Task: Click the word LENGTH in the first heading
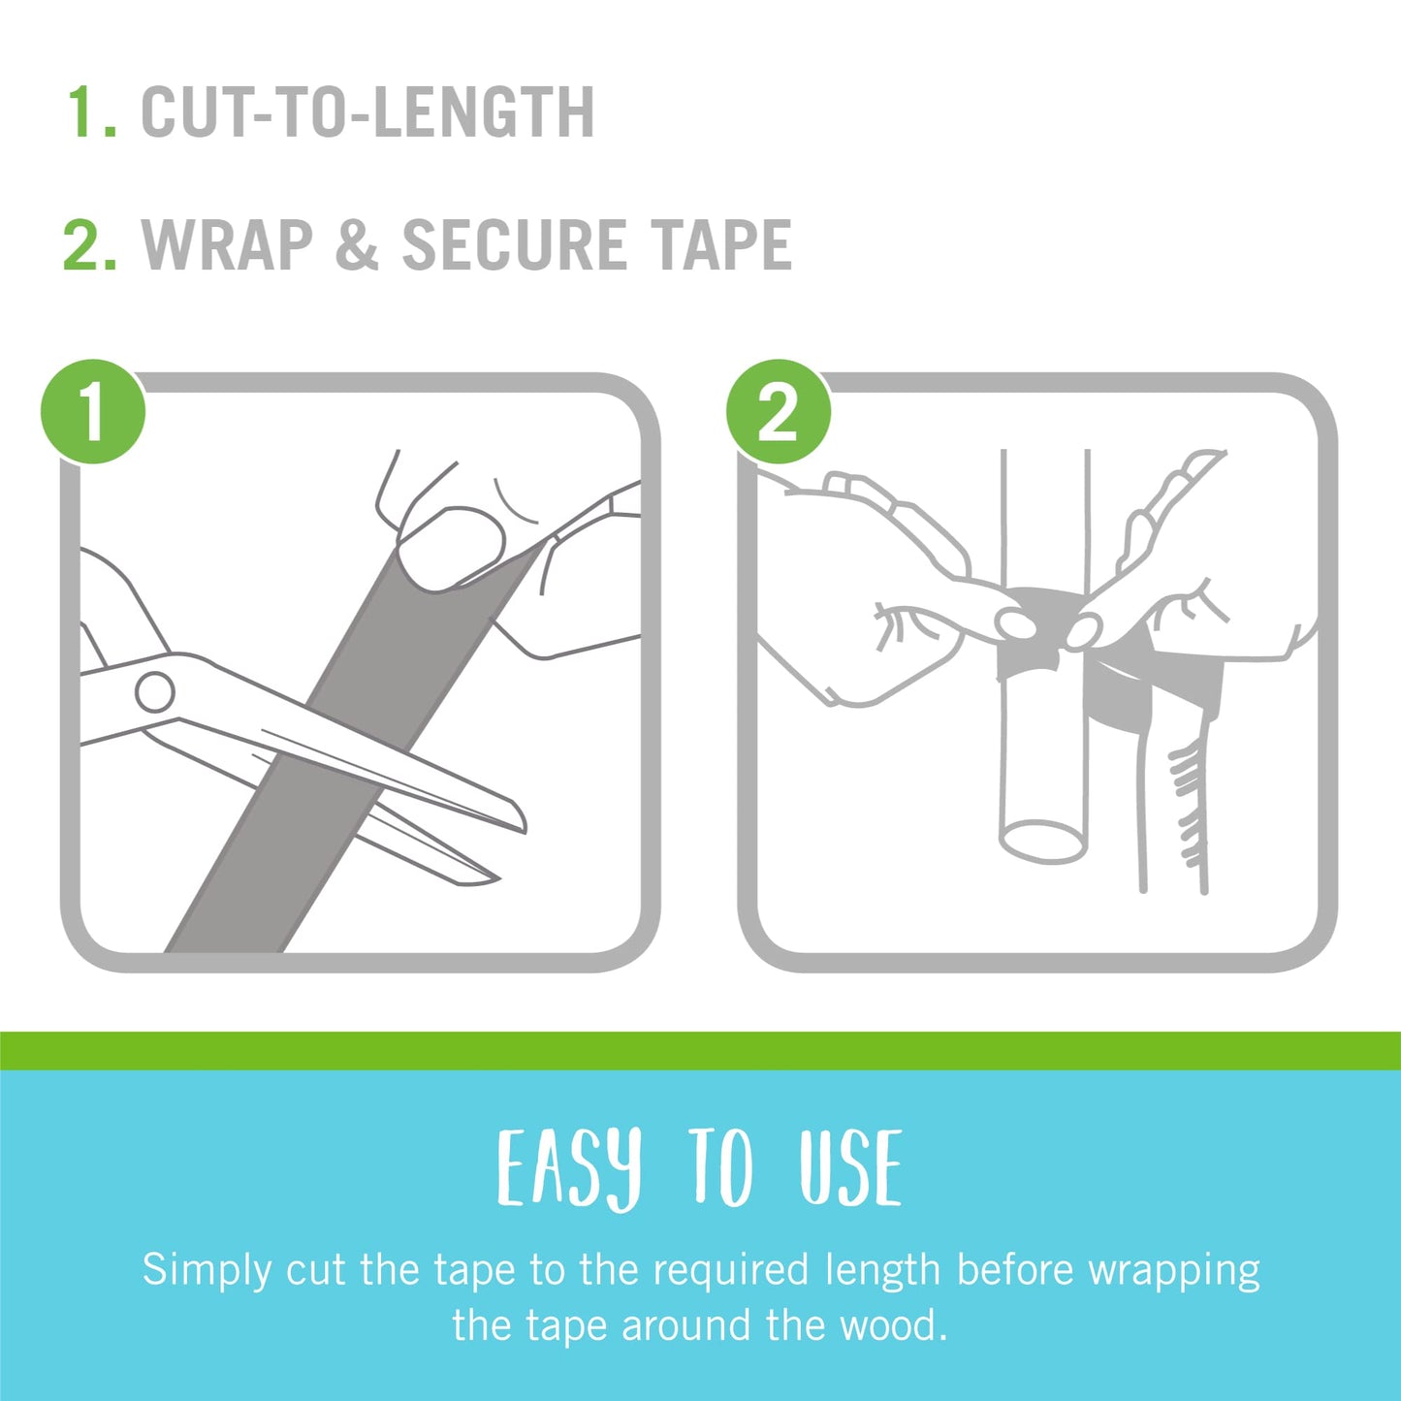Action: [484, 112]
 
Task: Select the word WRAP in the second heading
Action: [228, 245]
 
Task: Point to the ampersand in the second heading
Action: [357, 245]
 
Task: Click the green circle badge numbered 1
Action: [93, 411]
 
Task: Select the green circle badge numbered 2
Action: [778, 411]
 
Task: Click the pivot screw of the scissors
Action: [155, 692]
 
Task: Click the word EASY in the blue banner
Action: [569, 1169]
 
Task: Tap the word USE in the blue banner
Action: [850, 1169]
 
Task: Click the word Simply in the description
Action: [207, 1270]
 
